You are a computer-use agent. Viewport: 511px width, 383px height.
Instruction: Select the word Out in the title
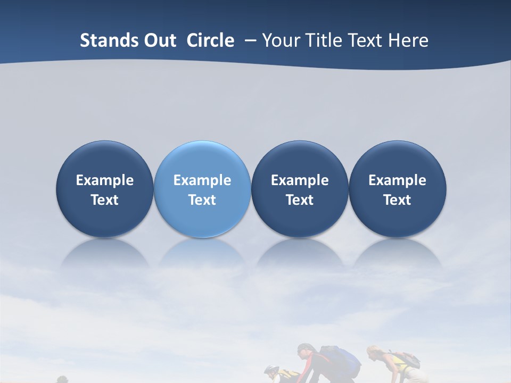[159, 40]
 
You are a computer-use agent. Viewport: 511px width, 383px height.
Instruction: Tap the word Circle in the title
[210, 40]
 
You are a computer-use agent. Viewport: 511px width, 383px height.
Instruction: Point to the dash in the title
[248, 40]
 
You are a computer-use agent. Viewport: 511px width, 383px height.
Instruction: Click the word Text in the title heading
[365, 40]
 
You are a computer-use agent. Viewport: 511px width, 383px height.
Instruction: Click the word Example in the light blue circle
[202, 180]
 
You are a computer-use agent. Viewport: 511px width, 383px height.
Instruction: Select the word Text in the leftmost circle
[104, 200]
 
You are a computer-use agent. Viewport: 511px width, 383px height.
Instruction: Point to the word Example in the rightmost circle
[398, 180]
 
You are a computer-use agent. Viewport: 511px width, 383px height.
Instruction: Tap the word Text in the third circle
[300, 200]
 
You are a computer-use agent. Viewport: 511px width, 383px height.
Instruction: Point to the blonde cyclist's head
[374, 352]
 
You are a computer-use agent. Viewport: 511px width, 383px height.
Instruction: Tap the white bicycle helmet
[271, 369]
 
